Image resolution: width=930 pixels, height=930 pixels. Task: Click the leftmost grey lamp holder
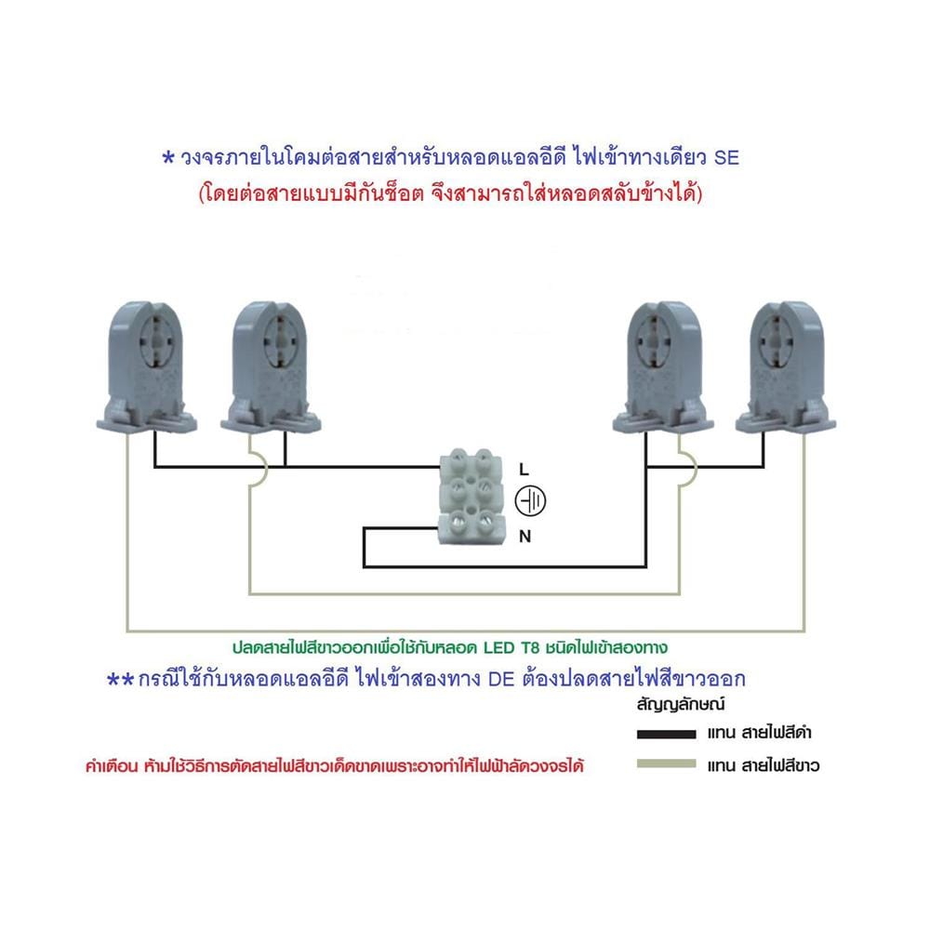pyautogui.click(x=147, y=367)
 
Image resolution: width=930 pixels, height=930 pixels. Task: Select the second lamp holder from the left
pyautogui.click(x=271, y=367)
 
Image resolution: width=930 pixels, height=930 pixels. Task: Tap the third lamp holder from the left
pyautogui.click(x=663, y=367)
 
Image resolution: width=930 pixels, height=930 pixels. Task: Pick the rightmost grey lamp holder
pyautogui.click(x=786, y=367)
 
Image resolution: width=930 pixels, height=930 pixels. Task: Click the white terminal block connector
pyautogui.click(x=472, y=497)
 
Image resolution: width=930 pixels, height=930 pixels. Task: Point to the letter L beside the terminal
pyautogui.click(x=524, y=470)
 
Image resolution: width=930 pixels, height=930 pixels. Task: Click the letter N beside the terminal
pyautogui.click(x=525, y=537)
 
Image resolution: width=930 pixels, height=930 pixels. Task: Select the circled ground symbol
pyautogui.click(x=530, y=502)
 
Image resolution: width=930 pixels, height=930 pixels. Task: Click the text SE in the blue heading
pyautogui.click(x=726, y=158)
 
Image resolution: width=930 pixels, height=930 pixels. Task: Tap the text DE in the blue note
pyautogui.click(x=501, y=679)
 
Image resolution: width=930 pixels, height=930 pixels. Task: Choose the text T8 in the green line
pyautogui.click(x=531, y=647)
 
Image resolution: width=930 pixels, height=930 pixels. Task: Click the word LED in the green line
pyautogui.click(x=498, y=647)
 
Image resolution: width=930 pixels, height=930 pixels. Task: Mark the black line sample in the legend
pyautogui.click(x=666, y=735)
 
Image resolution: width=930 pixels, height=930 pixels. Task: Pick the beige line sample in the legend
pyautogui.click(x=666, y=764)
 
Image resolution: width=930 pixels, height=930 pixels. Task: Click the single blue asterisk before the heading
pyautogui.click(x=168, y=158)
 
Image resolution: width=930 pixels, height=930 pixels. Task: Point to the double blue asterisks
pyautogui.click(x=120, y=680)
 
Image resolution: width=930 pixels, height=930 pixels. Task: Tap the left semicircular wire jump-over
pyautogui.click(x=264, y=469)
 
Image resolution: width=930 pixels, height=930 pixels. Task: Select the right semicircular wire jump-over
pyautogui.click(x=693, y=469)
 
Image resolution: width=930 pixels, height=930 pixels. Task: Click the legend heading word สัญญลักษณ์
pyautogui.click(x=681, y=705)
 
